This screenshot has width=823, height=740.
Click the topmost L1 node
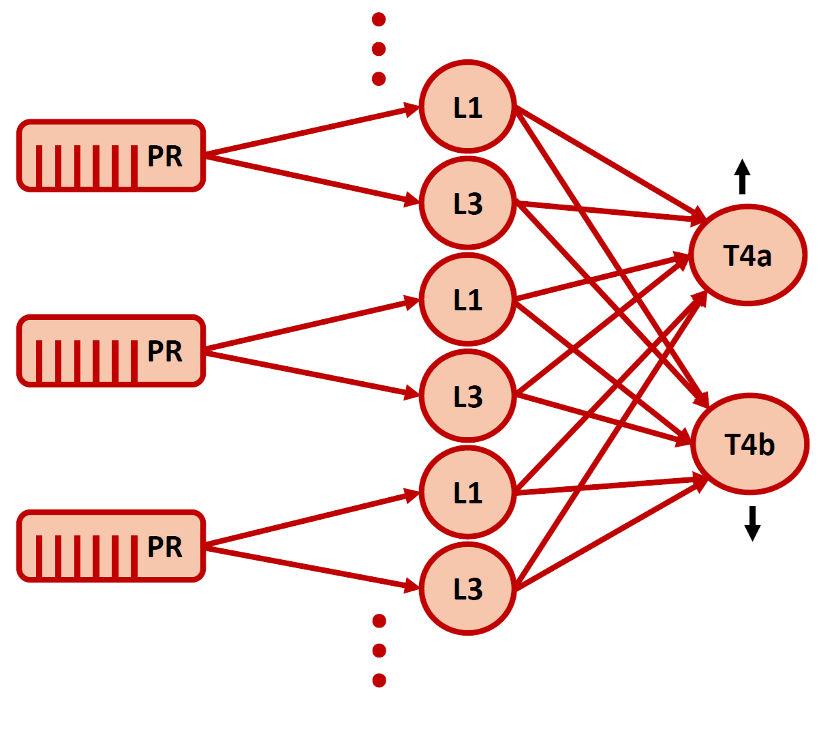[x=467, y=107]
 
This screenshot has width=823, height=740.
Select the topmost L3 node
[x=467, y=203]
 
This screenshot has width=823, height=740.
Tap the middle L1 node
[x=467, y=300]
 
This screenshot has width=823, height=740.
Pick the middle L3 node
[x=467, y=396]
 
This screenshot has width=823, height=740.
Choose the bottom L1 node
[x=467, y=492]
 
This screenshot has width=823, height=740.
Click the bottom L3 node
[x=467, y=589]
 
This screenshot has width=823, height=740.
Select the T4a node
[x=747, y=255]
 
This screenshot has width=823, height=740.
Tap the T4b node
[x=749, y=444]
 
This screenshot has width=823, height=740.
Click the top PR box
[x=111, y=156]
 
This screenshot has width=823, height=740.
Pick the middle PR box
[x=111, y=351]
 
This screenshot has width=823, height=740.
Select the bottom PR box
[x=111, y=546]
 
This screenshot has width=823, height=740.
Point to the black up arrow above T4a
[x=743, y=177]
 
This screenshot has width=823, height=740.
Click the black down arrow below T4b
[x=752, y=523]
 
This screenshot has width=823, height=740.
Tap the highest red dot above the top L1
[x=379, y=19]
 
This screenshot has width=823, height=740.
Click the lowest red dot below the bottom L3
[x=379, y=680]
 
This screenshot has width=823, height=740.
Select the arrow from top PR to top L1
[x=310, y=131]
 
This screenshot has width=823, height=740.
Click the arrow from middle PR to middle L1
[x=310, y=325]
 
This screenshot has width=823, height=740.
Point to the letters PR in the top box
[x=165, y=157]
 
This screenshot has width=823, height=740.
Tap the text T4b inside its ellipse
[x=749, y=445]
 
